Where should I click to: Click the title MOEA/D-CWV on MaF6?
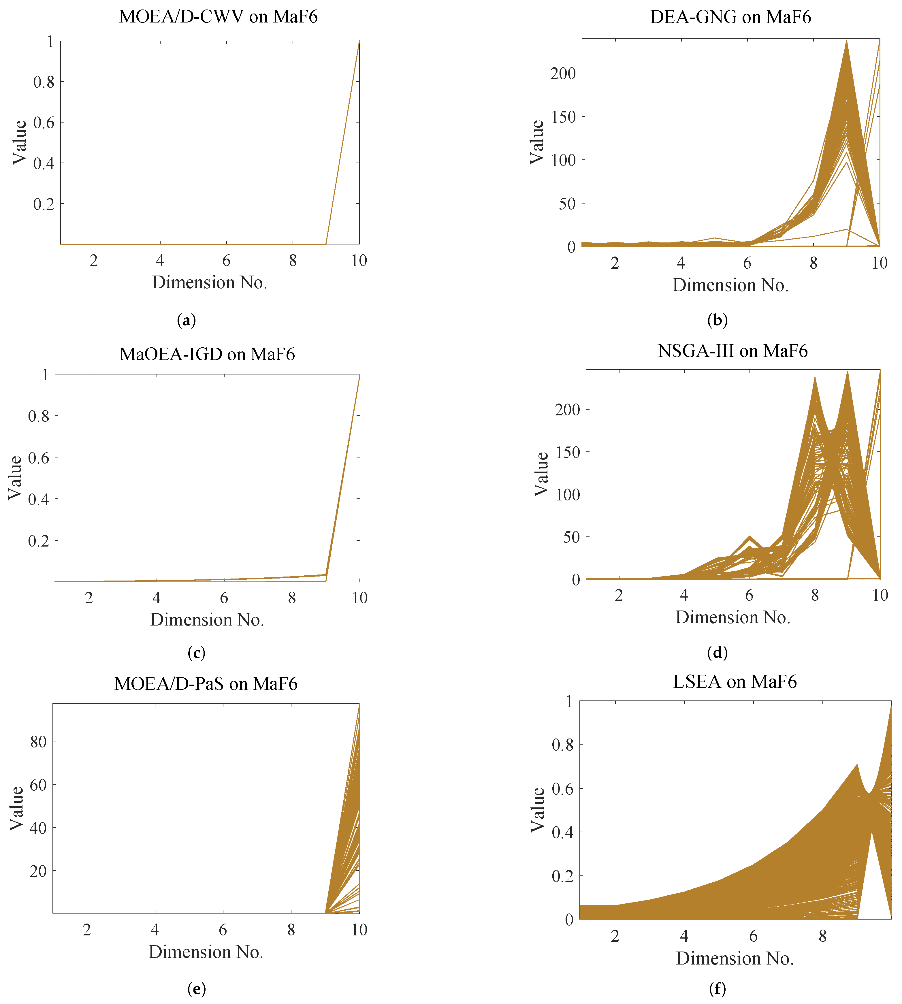(x=218, y=16)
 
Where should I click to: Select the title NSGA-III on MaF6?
(x=732, y=351)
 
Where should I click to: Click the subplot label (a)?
(x=186, y=321)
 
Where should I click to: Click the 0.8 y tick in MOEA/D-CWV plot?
(x=44, y=82)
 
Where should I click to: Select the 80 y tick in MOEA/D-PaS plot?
(x=38, y=742)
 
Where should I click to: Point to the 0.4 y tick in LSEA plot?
(x=562, y=832)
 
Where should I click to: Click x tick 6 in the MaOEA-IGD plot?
(x=224, y=598)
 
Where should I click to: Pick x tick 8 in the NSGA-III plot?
(x=815, y=595)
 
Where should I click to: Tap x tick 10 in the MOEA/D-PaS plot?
(x=359, y=930)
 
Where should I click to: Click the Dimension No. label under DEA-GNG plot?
(x=730, y=285)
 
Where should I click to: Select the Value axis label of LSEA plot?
(x=538, y=810)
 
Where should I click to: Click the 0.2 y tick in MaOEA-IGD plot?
(x=39, y=541)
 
